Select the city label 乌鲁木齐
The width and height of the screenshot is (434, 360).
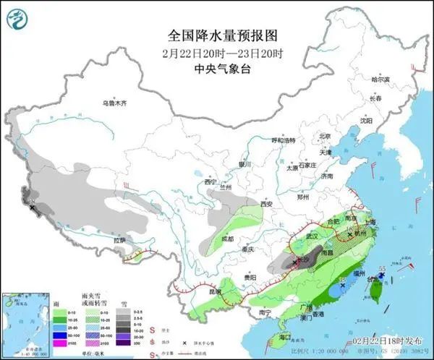tap(118, 103)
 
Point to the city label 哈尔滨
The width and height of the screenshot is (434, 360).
tap(379, 80)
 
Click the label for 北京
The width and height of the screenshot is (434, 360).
tap(325, 136)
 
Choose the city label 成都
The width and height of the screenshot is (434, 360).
tap(228, 238)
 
